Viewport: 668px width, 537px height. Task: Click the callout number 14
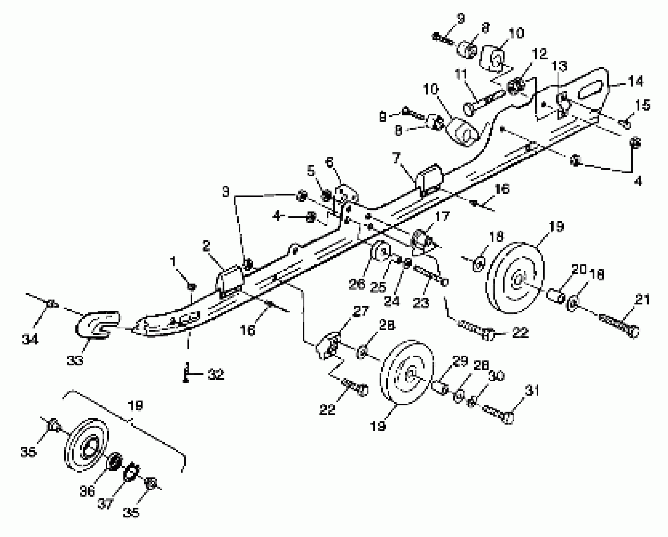[x=635, y=82]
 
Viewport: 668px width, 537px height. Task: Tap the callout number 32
[x=216, y=375]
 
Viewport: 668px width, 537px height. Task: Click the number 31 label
[x=532, y=391]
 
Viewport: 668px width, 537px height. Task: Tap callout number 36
[x=87, y=492]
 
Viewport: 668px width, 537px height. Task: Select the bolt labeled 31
[x=497, y=414]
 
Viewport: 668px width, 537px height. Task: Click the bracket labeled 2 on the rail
[x=230, y=280]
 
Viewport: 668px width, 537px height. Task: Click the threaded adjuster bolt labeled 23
[x=429, y=275]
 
